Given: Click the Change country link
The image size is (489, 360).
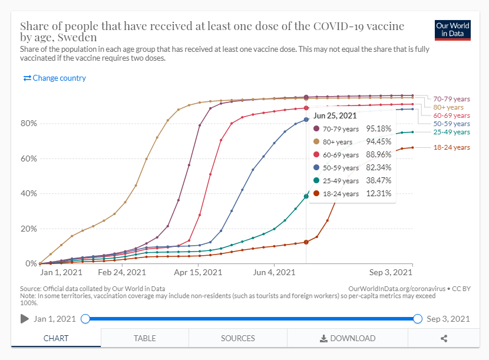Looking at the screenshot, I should [55, 78].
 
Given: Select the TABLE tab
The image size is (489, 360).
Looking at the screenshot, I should [145, 338].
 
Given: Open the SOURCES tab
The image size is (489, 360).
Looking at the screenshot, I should [238, 338].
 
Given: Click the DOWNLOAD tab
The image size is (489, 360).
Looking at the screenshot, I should [348, 338].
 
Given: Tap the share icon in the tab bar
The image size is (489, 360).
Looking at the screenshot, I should [444, 338].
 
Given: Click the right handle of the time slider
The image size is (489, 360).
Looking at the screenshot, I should [418, 319].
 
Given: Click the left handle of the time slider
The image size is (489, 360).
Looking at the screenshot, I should [85, 319].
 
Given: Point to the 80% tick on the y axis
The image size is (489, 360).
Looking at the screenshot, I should [29, 124].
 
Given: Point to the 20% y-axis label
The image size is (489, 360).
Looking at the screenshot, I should [29, 229].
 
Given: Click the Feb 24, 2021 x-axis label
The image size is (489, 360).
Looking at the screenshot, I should [122, 273].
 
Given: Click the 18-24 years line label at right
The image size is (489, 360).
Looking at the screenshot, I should [452, 147].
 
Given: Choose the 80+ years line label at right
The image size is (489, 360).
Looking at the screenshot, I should [449, 107].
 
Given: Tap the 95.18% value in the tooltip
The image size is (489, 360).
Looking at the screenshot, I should [379, 128].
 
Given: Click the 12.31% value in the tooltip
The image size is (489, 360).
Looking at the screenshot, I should [379, 193].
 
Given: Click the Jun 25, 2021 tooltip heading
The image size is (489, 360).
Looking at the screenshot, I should [335, 115].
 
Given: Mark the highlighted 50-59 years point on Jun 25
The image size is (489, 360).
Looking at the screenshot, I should [306, 120].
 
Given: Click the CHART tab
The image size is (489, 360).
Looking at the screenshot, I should [56, 338].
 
